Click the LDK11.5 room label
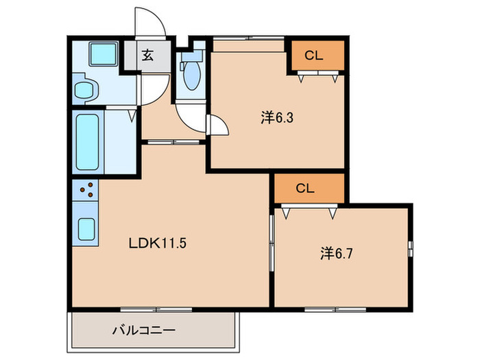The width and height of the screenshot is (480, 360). (x=157, y=243)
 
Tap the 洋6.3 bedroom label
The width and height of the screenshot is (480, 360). (x=277, y=118)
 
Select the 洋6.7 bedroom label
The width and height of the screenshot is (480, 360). (x=337, y=254)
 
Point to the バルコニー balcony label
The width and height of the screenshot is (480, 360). (x=144, y=330)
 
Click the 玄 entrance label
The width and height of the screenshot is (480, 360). (x=147, y=56)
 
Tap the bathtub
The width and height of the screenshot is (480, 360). (x=88, y=142)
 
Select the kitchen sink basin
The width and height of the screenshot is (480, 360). (x=86, y=229)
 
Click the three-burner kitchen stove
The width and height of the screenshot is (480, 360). (x=86, y=190)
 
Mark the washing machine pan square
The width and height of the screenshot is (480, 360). (x=104, y=54)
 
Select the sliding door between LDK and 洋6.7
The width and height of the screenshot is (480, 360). (x=272, y=243)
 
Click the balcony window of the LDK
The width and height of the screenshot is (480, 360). (x=156, y=309)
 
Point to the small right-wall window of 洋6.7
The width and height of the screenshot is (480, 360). (x=411, y=249)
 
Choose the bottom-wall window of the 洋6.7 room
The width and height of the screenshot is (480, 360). (x=335, y=309)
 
